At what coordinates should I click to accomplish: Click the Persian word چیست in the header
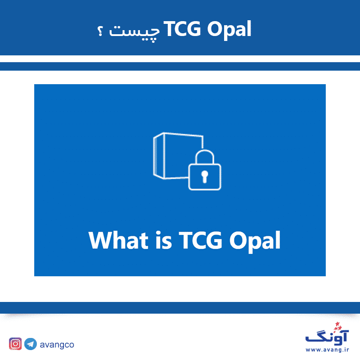(x=134, y=31)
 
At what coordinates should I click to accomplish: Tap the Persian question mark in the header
(x=100, y=31)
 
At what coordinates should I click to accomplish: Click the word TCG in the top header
(x=182, y=29)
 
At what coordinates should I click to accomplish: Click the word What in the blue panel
(x=118, y=240)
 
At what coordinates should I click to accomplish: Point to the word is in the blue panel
(x=164, y=240)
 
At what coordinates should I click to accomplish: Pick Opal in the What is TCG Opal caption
(x=255, y=242)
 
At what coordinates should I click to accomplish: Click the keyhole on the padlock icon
(x=205, y=176)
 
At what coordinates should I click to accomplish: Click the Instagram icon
(x=15, y=344)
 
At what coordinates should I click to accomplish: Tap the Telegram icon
(x=31, y=344)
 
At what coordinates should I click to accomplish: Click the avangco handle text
(x=57, y=345)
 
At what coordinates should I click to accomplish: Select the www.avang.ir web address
(x=327, y=350)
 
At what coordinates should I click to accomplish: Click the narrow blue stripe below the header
(x=180, y=66)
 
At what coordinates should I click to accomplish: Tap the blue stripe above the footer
(x=180, y=308)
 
